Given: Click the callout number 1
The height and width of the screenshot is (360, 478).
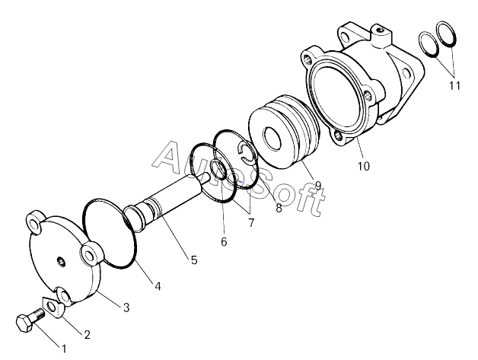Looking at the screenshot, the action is [x=64, y=349].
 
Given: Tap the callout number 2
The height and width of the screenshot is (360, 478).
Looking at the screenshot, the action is [x=88, y=335].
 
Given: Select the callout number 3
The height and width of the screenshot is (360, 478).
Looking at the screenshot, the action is [x=126, y=307].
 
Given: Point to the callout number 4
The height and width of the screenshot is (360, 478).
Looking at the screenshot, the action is [x=158, y=286].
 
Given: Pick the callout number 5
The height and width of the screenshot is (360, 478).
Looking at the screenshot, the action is [x=194, y=260].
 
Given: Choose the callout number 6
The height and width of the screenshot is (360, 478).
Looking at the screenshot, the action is [x=224, y=242].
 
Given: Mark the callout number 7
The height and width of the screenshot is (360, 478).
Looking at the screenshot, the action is [x=251, y=223].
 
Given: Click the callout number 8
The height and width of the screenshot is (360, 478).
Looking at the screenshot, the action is [x=279, y=208].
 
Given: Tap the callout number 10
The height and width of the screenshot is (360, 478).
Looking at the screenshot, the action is [x=364, y=166].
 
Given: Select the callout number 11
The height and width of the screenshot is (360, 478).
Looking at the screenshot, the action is [x=454, y=86].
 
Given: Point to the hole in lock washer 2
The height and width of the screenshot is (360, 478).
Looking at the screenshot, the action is [x=52, y=307].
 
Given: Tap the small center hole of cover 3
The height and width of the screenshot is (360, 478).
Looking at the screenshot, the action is [x=62, y=261].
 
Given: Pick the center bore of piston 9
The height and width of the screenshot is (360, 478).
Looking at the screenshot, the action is [x=272, y=139].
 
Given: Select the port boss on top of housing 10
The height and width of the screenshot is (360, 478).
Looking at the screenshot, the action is [x=382, y=37].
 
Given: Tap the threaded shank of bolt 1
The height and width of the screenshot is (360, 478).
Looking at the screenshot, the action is [x=38, y=314].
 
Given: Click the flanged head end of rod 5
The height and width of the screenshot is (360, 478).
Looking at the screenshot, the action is [x=135, y=218].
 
